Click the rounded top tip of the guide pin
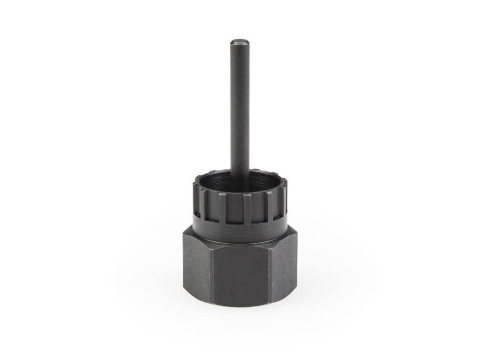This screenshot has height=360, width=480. [240, 42]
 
